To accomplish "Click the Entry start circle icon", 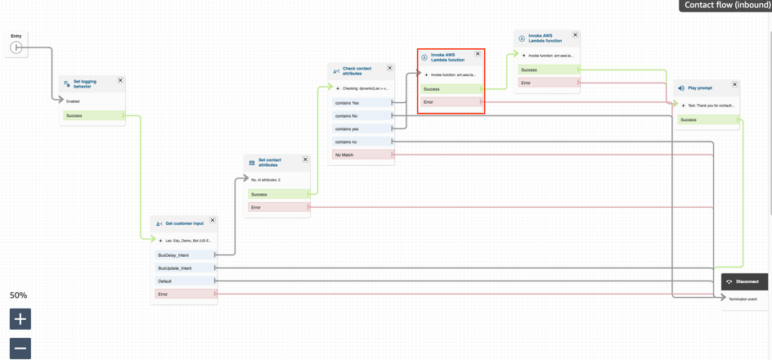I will point(16,47).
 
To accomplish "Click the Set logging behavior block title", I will point(85,83).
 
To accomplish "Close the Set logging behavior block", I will point(120,80).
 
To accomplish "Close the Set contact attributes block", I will point(306,160).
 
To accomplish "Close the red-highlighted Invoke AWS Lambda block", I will point(478,54).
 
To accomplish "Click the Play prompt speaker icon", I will point(681,88).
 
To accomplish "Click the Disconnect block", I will point(744,281).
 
